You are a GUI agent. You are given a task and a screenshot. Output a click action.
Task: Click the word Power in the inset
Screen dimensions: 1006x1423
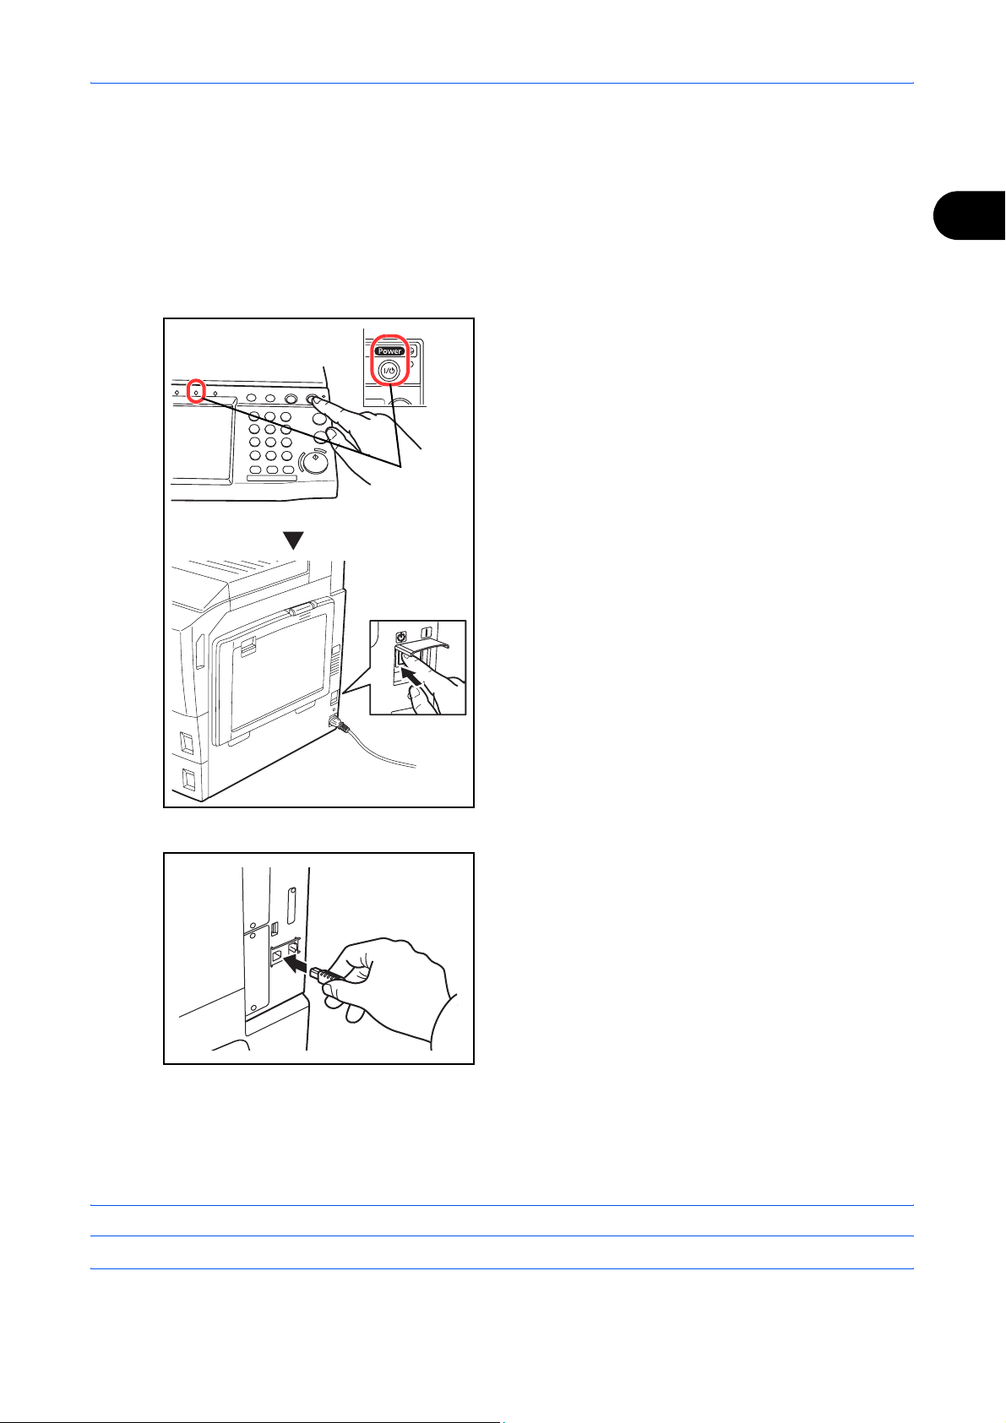click(389, 351)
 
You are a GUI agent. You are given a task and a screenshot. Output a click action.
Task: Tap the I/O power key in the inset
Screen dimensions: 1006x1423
click(389, 371)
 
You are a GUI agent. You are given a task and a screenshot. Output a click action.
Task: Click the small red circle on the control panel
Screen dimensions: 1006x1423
click(196, 391)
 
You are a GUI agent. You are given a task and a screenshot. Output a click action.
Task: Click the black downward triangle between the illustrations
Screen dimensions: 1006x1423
click(293, 540)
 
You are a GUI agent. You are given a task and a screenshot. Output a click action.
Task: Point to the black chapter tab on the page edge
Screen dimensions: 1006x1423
click(969, 215)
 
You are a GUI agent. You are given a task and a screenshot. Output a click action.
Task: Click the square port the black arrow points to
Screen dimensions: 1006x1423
click(277, 955)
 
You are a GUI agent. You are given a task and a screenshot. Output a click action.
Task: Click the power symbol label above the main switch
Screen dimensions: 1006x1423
click(400, 636)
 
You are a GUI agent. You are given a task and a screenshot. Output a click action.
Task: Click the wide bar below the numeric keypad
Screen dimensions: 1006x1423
click(271, 478)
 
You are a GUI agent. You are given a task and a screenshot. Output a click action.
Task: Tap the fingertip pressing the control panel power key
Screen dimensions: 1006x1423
click(314, 399)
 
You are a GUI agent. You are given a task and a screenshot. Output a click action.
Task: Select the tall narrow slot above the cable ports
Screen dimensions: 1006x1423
click(291, 906)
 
